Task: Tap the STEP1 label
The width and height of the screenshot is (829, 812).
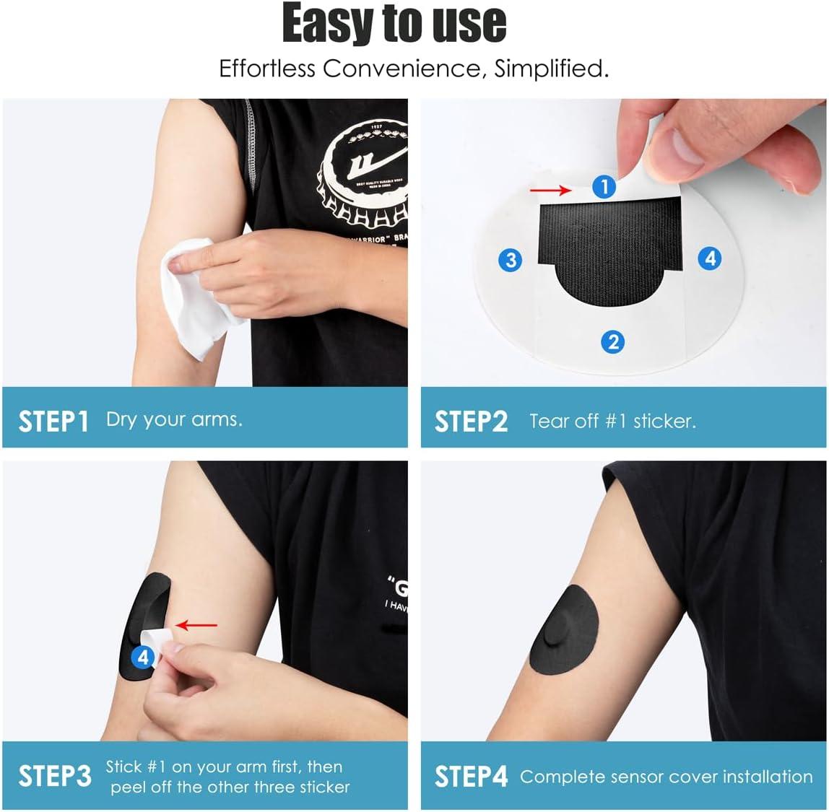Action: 53,421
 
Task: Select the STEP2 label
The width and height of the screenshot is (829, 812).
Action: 471,421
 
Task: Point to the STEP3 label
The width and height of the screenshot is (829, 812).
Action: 55,776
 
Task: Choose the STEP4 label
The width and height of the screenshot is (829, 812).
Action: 471,777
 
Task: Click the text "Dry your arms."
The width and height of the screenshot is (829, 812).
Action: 174,419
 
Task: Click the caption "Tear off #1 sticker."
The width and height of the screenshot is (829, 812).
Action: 612,421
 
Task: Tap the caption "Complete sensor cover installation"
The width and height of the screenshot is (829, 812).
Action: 666,777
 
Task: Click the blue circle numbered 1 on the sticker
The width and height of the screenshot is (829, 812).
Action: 604,188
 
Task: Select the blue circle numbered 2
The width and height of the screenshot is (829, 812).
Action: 613,341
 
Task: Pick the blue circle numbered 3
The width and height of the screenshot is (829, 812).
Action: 511,259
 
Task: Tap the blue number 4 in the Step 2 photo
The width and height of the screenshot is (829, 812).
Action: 711,258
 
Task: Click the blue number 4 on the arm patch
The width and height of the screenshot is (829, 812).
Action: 143,657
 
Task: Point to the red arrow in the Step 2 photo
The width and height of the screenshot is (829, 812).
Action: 550,190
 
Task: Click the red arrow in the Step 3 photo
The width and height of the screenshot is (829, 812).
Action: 197,625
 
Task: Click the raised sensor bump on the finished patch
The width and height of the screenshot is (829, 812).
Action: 558,639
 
